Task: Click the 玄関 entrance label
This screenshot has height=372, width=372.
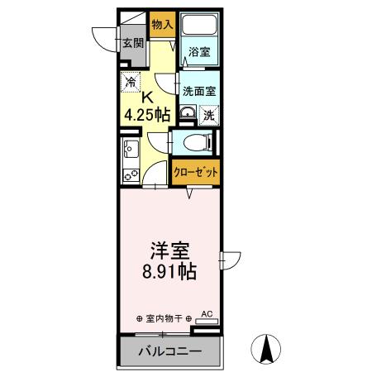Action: [132, 44]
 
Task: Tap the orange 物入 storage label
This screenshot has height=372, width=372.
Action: [162, 25]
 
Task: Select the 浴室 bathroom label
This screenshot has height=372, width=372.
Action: [198, 52]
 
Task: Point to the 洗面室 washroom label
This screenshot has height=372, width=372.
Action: [198, 91]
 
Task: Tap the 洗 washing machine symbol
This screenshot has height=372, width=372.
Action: [209, 115]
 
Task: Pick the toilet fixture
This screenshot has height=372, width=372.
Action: [196, 142]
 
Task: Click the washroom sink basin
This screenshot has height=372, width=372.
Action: [187, 114]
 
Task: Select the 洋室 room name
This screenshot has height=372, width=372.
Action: [171, 248]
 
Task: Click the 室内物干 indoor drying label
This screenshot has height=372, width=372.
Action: [164, 318]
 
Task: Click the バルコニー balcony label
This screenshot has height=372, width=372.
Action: [169, 351]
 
